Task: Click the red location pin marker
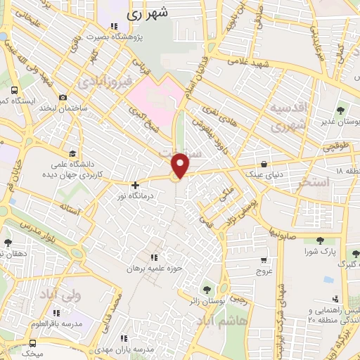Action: pos(181,166)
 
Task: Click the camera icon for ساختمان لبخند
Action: pos(63,97)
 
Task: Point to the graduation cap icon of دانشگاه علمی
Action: pos(72,153)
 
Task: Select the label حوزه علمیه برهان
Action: pos(154,269)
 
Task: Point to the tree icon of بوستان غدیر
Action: pos(340,110)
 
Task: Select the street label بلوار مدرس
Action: pos(28,235)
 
